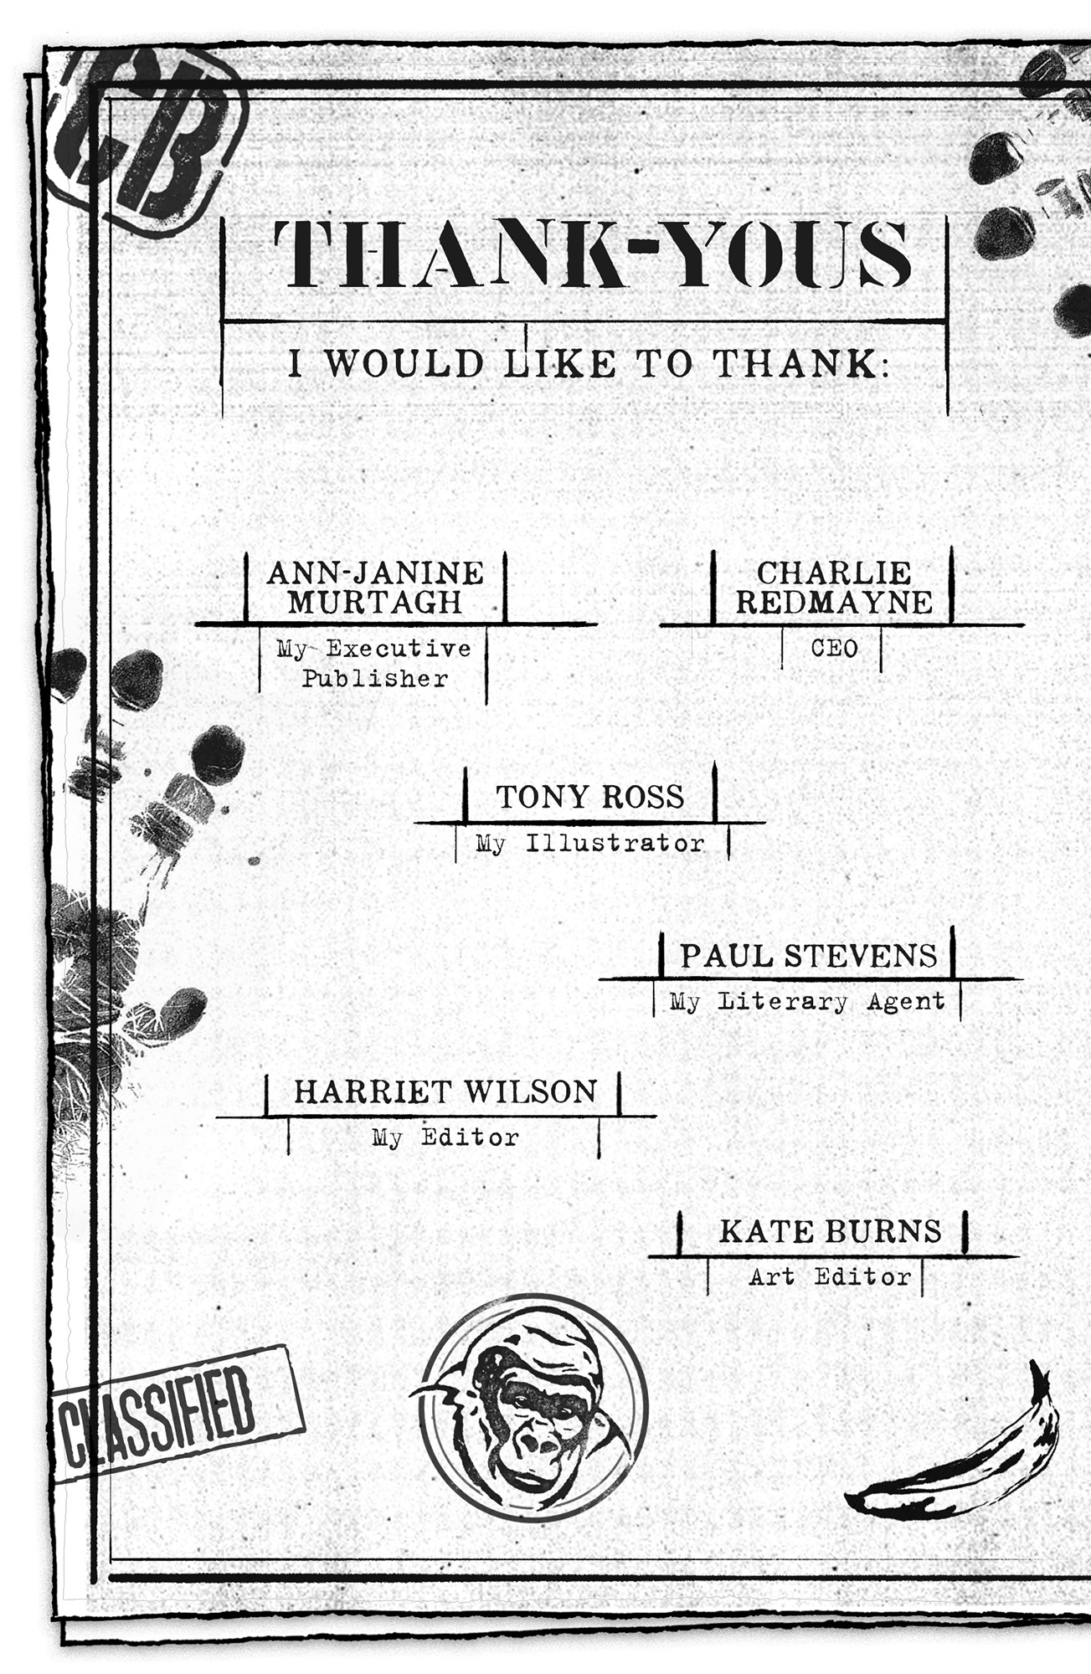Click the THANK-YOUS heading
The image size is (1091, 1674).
[x=593, y=254]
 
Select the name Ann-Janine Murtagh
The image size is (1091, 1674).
[x=375, y=588]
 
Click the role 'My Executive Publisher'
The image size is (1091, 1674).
[x=374, y=663]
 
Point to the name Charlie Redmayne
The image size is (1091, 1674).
[x=834, y=588]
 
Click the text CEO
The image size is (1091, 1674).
[x=834, y=649]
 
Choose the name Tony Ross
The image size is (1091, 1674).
[x=590, y=797]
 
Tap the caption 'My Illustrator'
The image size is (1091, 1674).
[x=590, y=843]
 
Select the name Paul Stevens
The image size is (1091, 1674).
[x=808, y=956]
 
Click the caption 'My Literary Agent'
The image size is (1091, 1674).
[x=807, y=1001]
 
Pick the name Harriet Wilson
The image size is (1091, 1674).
[x=445, y=1091]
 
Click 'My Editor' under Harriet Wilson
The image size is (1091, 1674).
[x=445, y=1137]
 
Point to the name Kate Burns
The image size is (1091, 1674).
[x=831, y=1231]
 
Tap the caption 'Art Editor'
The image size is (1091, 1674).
[x=830, y=1276]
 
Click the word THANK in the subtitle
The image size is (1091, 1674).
[x=794, y=364]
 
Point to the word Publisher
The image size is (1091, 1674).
[x=374, y=678]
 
